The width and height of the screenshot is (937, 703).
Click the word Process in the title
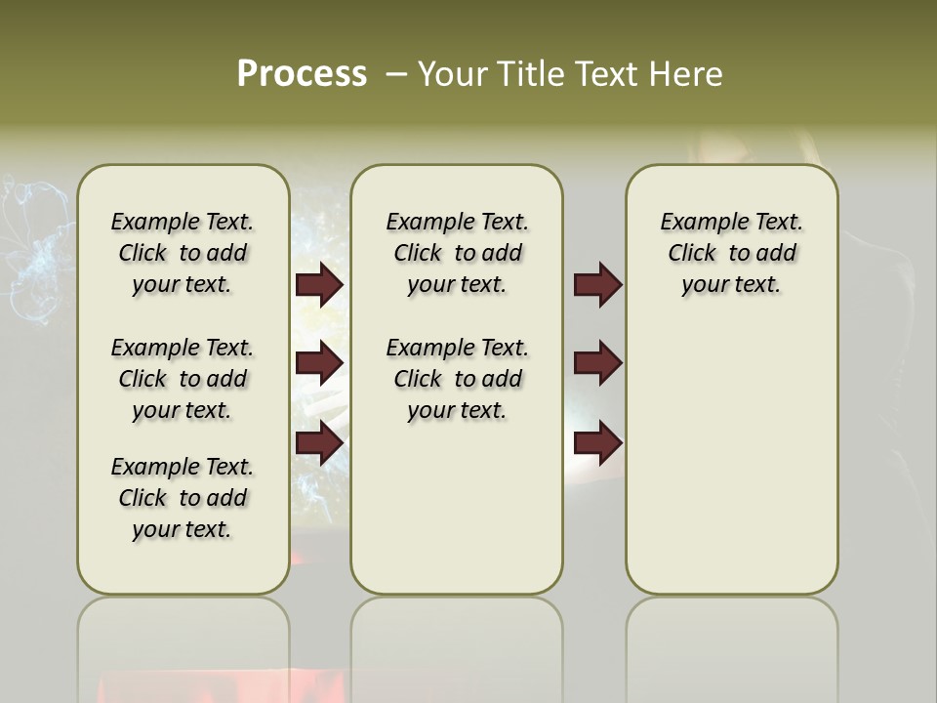(x=302, y=74)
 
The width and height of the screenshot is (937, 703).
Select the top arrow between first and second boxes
(x=319, y=285)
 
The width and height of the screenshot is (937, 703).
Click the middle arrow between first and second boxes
(x=319, y=363)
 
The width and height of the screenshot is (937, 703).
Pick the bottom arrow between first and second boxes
(x=319, y=442)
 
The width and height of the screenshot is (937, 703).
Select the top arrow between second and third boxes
(x=597, y=285)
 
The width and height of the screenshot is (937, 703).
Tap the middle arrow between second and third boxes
(x=597, y=363)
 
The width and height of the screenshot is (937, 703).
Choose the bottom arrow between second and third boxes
(x=597, y=443)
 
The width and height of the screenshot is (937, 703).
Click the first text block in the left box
(x=183, y=253)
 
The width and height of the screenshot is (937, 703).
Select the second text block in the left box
(x=183, y=379)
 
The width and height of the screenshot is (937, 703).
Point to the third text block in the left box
(x=183, y=498)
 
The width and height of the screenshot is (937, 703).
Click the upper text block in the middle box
(x=457, y=253)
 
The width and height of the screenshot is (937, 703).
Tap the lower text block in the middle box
(x=457, y=379)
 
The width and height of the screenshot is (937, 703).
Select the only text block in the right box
(x=731, y=253)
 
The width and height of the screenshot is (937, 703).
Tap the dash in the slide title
(x=396, y=74)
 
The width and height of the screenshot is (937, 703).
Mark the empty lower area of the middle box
(x=457, y=508)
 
